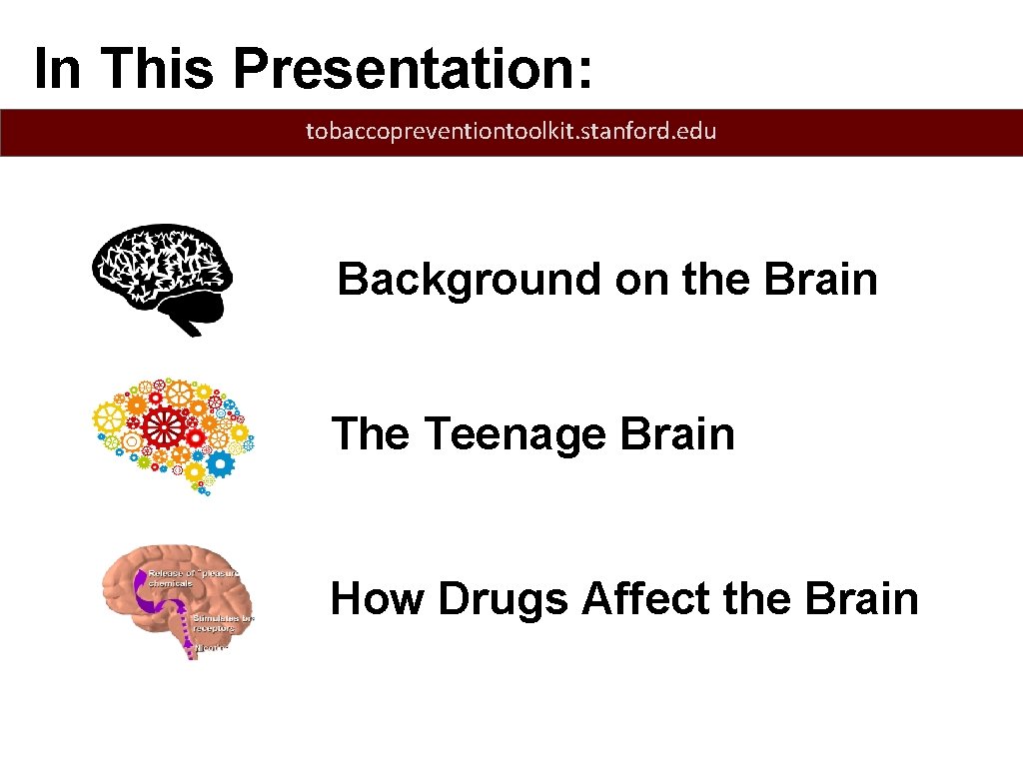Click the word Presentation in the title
[414, 69]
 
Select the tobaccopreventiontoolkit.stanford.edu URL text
[511, 131]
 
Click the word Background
[470, 280]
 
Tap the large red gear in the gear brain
[160, 425]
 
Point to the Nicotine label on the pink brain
[212, 647]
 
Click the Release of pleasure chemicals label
[195, 577]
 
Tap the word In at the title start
[58, 69]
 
